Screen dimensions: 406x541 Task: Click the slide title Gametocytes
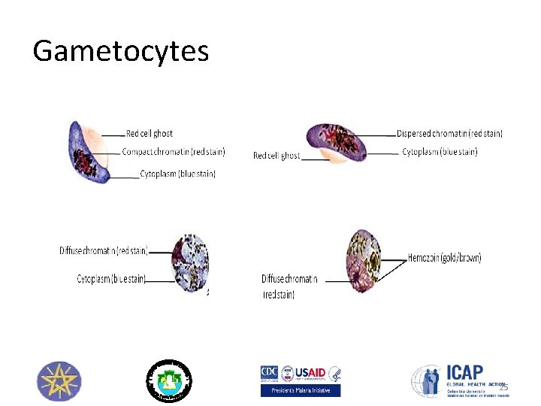click(120, 51)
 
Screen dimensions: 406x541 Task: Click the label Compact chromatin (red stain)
click(173, 152)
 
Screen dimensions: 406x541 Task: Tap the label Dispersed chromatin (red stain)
click(449, 134)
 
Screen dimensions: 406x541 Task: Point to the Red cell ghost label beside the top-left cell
click(150, 134)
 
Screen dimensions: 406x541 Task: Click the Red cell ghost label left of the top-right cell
click(277, 156)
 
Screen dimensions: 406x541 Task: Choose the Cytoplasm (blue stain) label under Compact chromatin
click(177, 174)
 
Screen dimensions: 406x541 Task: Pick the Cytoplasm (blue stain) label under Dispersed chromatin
click(440, 152)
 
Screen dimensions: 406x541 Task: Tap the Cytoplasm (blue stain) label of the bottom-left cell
click(111, 279)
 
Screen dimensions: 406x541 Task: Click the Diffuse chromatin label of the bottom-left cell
click(104, 250)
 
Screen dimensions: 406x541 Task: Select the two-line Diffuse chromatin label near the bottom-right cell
click(289, 286)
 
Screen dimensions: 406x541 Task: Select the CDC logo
click(269, 373)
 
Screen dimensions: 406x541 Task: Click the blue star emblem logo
click(59, 381)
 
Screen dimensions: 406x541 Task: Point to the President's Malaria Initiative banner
click(301, 390)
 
